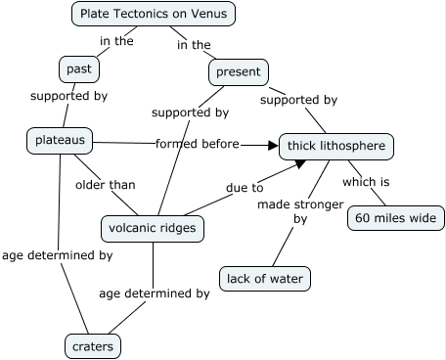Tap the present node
click(x=238, y=71)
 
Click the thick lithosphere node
click(x=336, y=147)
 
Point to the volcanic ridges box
click(x=151, y=229)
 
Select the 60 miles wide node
click(x=393, y=217)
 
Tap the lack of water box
click(x=265, y=279)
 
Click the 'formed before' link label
click(x=197, y=145)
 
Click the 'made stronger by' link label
click(x=300, y=212)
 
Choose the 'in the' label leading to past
click(x=117, y=41)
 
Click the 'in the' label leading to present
click(x=194, y=44)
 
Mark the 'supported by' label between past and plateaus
click(x=68, y=97)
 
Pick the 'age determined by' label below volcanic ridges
click(x=154, y=292)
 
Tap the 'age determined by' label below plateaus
click(x=57, y=255)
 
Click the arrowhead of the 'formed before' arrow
click(x=273, y=146)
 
